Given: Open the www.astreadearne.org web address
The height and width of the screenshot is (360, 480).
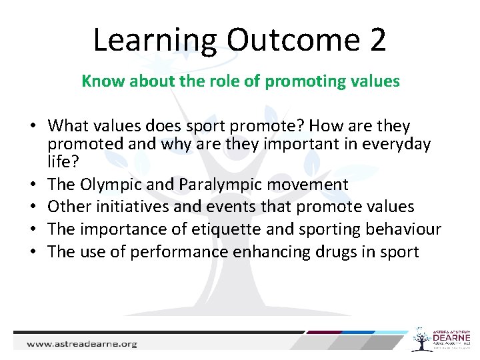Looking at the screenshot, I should click(81, 344).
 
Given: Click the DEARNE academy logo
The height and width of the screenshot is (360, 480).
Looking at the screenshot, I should click(441, 339).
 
